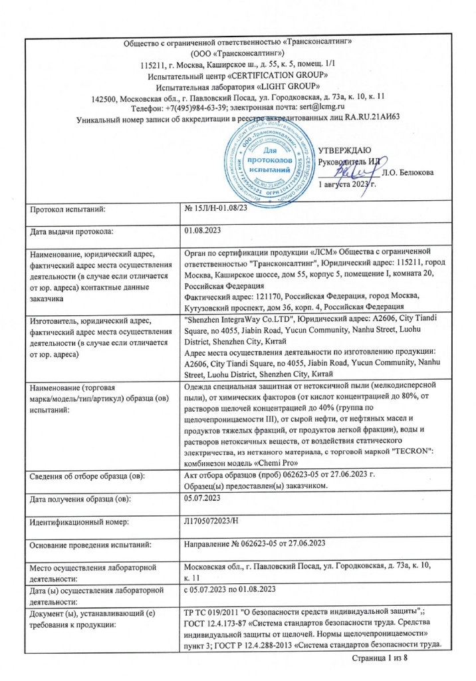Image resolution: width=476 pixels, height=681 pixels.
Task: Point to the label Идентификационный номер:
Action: [x=75, y=543]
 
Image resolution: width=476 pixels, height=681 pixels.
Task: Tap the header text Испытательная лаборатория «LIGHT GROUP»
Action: [x=238, y=86]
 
